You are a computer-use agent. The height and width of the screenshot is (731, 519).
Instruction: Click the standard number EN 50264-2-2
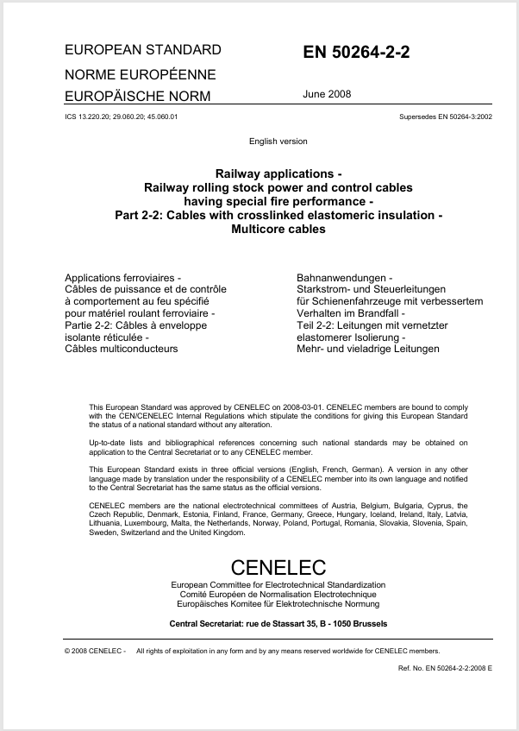(356, 53)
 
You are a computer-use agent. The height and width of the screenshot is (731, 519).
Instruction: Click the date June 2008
(327, 94)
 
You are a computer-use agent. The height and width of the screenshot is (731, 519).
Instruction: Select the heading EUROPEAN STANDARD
(143, 50)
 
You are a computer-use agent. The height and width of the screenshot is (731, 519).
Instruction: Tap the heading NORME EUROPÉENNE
(141, 74)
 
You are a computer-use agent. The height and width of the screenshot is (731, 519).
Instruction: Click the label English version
(278, 141)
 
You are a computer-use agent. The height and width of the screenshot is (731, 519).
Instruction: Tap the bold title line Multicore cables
(278, 230)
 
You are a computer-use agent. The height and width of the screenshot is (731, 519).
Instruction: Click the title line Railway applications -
(278, 173)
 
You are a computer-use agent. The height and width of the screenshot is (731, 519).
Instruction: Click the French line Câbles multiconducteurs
(122, 349)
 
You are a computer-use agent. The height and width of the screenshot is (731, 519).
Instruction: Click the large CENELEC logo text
(278, 567)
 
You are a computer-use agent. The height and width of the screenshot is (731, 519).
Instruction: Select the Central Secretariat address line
(278, 623)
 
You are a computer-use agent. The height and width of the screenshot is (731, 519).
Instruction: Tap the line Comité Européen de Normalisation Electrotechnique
(278, 595)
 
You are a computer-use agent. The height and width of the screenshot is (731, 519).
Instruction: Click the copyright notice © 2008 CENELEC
(95, 651)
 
